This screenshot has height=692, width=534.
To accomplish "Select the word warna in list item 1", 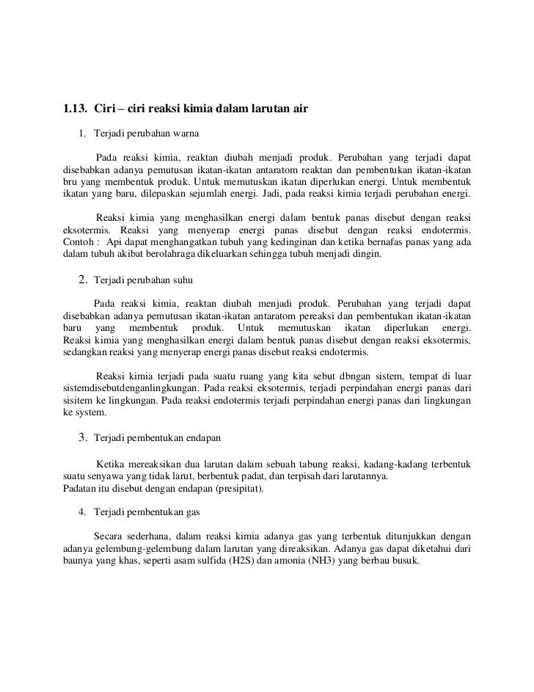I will pos(184,135).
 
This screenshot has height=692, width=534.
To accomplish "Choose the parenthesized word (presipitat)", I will pos(230,489).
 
